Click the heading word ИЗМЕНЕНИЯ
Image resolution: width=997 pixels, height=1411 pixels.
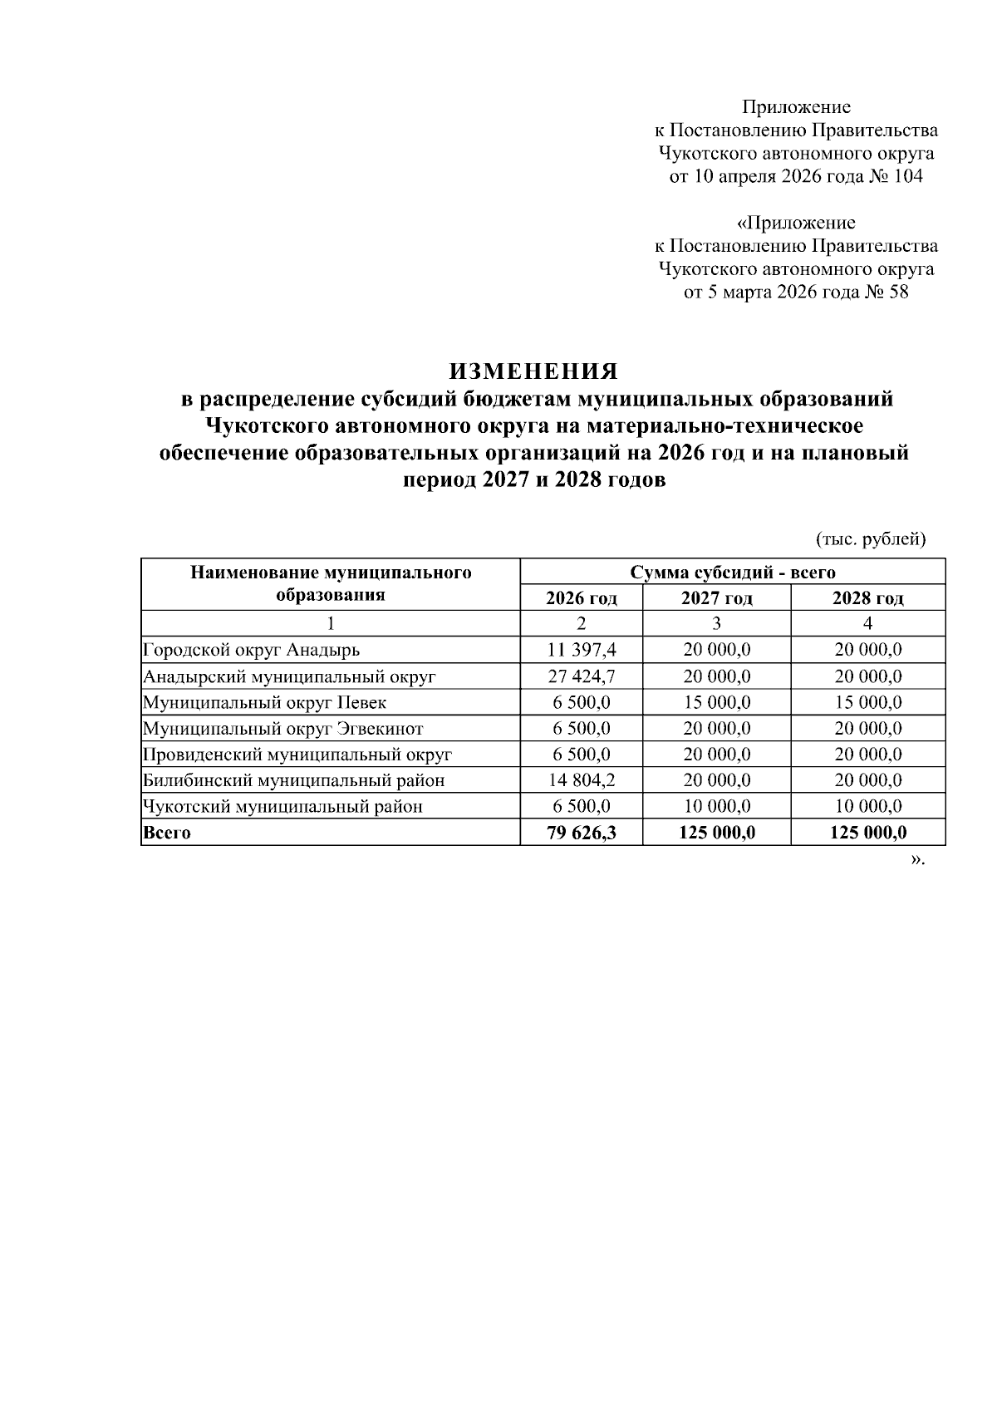(533, 370)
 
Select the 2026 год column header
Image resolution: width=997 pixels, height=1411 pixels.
(581, 598)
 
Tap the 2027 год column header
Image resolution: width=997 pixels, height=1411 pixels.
(716, 598)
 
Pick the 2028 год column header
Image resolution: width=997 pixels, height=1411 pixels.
(867, 598)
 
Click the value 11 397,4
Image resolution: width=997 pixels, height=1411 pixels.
(581, 650)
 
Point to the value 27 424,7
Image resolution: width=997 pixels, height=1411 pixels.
(581, 676)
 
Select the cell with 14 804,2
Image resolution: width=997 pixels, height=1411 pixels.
(581, 780)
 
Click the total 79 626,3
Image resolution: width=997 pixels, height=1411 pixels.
(581, 833)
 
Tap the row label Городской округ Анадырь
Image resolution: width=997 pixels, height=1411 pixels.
(251, 650)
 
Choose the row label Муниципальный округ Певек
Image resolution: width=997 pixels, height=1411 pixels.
(264, 702)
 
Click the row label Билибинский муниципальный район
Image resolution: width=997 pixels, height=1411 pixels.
(293, 780)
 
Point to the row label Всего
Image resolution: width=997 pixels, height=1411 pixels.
(167, 833)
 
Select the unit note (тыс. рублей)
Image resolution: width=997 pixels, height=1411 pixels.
(871, 539)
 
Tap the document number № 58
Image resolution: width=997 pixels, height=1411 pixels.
(887, 293)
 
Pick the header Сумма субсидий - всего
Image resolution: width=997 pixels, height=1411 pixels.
(732, 573)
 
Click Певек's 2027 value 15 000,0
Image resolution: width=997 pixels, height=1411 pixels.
(716, 702)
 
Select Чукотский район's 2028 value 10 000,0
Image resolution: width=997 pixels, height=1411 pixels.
(867, 806)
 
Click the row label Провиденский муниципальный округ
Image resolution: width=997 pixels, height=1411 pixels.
(297, 755)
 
